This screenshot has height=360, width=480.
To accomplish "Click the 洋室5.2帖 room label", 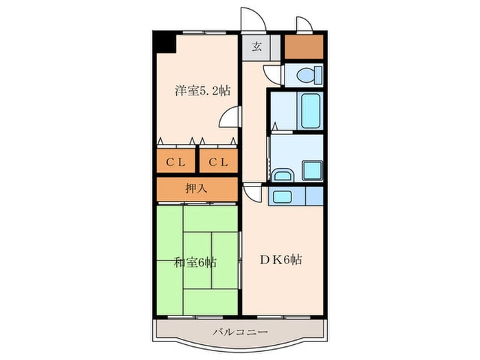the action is tap(203, 91).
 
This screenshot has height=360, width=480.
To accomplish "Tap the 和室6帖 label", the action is tap(195, 263).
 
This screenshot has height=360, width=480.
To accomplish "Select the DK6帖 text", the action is tap(281, 260).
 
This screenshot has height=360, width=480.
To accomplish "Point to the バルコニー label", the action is tap(241, 331).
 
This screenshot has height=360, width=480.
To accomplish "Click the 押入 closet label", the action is tap(197, 189).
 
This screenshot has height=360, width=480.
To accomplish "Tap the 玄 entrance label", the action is tap(257, 47).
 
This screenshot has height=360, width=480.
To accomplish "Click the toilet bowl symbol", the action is tap(310, 75).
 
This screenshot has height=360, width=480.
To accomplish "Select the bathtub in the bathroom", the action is tap(311, 111).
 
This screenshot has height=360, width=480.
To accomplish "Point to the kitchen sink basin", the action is tap(283, 197).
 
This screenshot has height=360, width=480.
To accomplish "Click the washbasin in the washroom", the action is tap(283, 175).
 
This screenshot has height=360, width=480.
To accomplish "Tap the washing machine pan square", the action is tap(313, 171).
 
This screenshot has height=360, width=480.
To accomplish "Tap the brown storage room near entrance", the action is tap(304, 47).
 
